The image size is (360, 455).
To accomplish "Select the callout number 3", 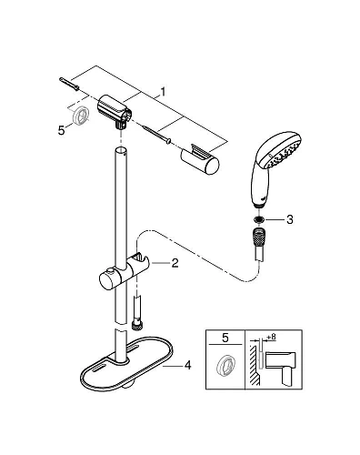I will pyautogui.click(x=290, y=218).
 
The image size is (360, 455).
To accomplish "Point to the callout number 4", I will pyautogui.click(x=188, y=366).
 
